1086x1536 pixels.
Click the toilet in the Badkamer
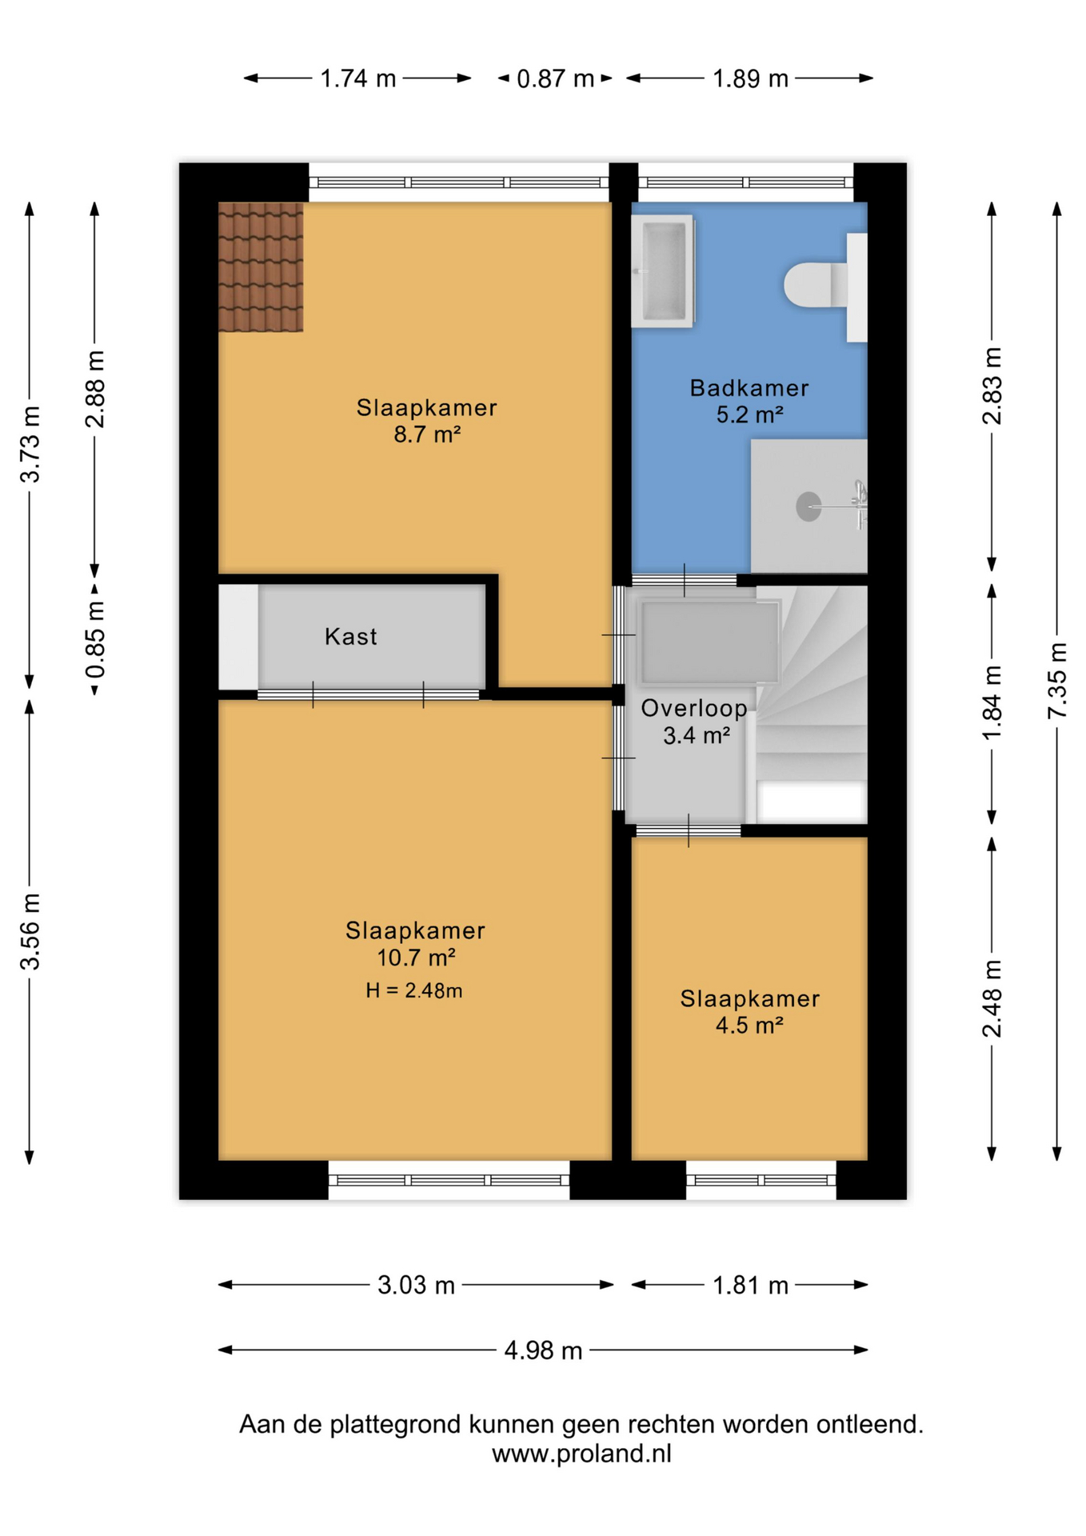(824, 286)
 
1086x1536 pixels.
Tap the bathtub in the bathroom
(662, 271)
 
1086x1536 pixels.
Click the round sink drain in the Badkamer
(809, 506)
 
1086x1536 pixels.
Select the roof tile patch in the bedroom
(261, 267)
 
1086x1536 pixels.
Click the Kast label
(350, 637)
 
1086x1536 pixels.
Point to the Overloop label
(694, 708)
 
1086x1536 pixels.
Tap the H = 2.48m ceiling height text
(414, 990)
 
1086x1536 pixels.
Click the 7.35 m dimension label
(1057, 680)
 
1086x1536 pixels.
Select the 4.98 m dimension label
(543, 1350)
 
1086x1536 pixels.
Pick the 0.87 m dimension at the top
(555, 78)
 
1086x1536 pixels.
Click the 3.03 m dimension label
(416, 1285)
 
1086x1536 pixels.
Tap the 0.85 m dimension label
(95, 640)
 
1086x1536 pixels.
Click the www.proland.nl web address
(581, 1453)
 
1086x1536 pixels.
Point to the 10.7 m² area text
(416, 958)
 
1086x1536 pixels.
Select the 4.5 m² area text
(749, 1025)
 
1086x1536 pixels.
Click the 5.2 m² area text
(749, 414)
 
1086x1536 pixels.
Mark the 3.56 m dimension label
(30, 932)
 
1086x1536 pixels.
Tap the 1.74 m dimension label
(358, 78)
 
